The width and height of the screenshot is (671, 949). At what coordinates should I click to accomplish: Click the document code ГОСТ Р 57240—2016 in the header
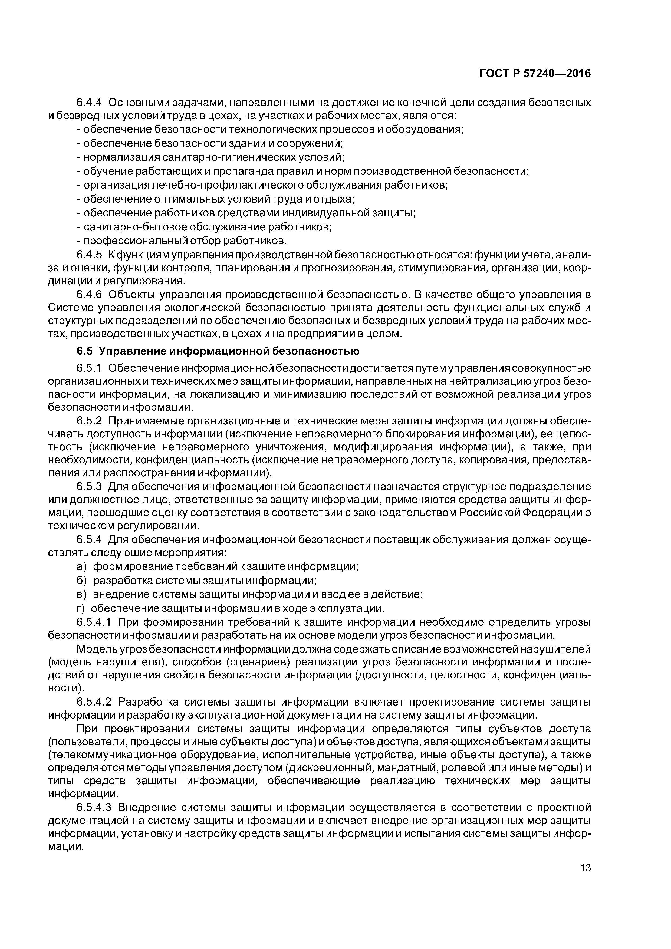(535, 74)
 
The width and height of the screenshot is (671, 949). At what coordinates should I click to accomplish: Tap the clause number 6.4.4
(89, 102)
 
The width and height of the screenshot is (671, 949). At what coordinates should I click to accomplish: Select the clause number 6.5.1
(89, 368)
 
